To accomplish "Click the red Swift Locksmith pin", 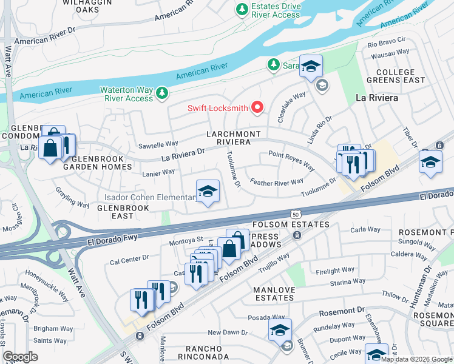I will (x=257, y=108).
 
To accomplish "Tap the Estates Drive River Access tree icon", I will (x=242, y=10).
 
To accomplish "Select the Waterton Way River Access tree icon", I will (x=161, y=93).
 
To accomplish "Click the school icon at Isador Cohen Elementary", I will (x=208, y=192).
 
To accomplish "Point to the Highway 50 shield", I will (x=296, y=215).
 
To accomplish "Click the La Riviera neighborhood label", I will (x=376, y=97).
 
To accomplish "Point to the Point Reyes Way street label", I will (x=291, y=161).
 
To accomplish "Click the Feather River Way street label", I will (x=277, y=182).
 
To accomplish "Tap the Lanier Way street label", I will (x=160, y=173).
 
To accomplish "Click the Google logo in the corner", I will (x=20, y=357).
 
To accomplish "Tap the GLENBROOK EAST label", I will (x=115, y=212).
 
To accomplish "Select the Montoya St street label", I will (x=189, y=240).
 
